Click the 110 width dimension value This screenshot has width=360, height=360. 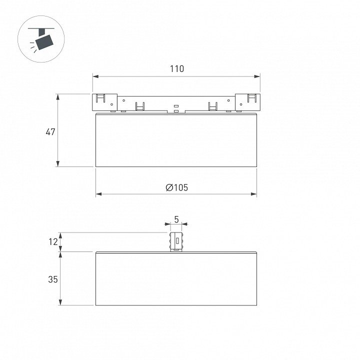coord(177,68)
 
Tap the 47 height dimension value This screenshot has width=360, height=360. coord(50,132)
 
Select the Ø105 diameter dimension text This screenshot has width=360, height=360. coord(177,187)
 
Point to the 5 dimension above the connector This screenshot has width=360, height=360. coord(176,219)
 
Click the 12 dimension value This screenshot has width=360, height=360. coord(53,242)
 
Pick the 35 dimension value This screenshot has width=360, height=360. coord(53,279)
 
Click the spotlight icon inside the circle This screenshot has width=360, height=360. coord(41,39)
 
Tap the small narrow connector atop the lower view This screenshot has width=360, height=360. coord(176,242)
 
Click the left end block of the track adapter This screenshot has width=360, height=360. coord(105,102)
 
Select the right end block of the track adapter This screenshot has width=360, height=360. coord(247,102)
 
